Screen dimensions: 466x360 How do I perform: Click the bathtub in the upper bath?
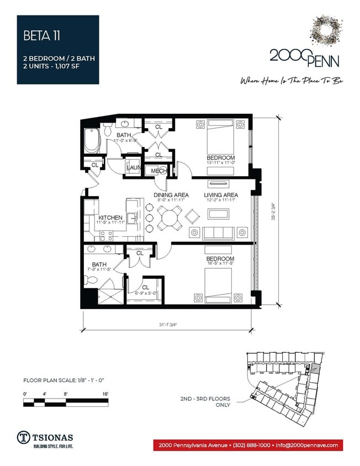click(x=91, y=141)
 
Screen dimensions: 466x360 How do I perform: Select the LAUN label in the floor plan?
click(x=134, y=168)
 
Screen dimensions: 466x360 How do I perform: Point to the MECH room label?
click(x=159, y=171)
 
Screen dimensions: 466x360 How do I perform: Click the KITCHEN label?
click(x=110, y=218)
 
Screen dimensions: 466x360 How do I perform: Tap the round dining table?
click(x=169, y=217)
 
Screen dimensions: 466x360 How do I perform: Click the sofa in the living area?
click(x=218, y=233)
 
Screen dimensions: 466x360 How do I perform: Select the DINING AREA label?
click(x=171, y=195)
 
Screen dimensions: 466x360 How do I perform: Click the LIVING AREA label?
click(x=221, y=195)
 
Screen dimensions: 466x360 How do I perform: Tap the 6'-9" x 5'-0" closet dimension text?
click(x=146, y=293)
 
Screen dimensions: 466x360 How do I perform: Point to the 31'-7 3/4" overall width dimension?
click(x=169, y=325)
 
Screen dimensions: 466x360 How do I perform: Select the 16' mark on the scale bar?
click(x=104, y=393)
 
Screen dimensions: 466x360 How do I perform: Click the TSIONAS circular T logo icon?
click(x=24, y=436)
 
